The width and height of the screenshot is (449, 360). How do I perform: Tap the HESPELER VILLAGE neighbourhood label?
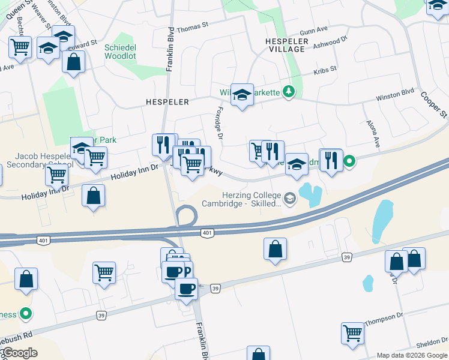[x=287, y=46]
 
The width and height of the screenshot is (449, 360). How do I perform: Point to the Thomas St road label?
[x=192, y=26]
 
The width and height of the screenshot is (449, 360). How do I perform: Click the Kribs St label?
[x=325, y=71]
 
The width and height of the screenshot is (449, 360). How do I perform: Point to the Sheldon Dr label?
[x=432, y=343]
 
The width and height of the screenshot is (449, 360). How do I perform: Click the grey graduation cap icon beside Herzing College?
[x=290, y=199]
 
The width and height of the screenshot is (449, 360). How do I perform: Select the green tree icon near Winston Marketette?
[x=290, y=91]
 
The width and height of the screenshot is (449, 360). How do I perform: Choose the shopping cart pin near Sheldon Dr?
[x=352, y=333]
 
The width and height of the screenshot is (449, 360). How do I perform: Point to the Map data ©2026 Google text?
[x=411, y=355]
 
